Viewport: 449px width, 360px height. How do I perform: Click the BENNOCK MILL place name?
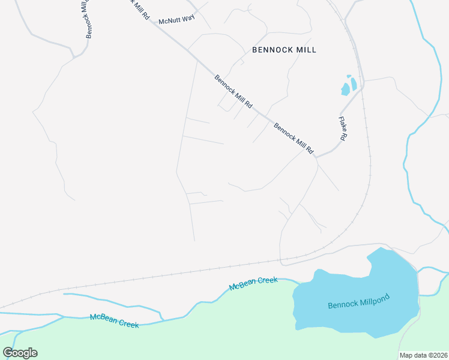click(x=284, y=50)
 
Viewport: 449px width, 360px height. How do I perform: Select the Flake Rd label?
click(x=342, y=128)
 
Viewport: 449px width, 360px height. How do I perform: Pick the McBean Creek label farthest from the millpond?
click(x=114, y=321)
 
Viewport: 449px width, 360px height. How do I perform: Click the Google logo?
click(x=20, y=353)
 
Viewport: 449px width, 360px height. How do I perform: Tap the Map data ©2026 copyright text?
click(x=424, y=355)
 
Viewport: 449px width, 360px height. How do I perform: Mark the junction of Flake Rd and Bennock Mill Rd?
click(x=316, y=157)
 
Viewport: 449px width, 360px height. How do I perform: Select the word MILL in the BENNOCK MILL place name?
click(x=304, y=50)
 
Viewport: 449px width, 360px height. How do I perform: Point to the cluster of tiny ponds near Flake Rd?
click(x=349, y=86)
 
